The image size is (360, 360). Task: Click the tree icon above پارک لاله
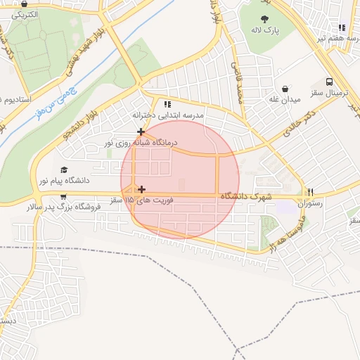click(265, 19)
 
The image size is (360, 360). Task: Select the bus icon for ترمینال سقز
click(330, 82)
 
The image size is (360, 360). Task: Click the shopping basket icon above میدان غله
click(285, 89)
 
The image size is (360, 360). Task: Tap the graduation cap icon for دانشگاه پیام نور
click(64, 169)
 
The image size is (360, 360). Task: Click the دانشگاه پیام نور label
click(64, 181)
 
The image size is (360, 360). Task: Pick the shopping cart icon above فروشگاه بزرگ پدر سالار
click(64, 196)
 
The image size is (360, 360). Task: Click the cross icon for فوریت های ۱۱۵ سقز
click(142, 189)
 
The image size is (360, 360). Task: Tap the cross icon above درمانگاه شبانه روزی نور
click(141, 131)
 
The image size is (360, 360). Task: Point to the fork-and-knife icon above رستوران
click(310, 192)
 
